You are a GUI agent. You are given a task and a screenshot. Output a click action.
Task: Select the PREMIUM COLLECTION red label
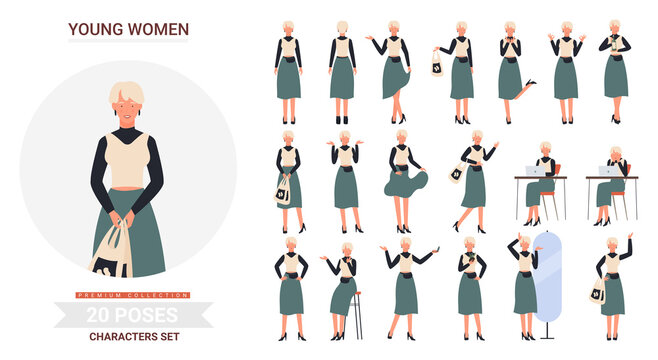(133, 294)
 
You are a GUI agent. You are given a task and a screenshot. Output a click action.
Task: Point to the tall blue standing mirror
(546, 279)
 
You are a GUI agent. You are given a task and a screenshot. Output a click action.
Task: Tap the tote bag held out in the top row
(438, 65)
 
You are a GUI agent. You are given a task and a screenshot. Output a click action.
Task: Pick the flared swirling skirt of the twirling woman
(405, 182)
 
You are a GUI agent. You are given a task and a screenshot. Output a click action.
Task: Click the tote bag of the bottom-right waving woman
(599, 291)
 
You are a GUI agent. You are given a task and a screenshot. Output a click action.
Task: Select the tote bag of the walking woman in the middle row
(457, 174)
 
